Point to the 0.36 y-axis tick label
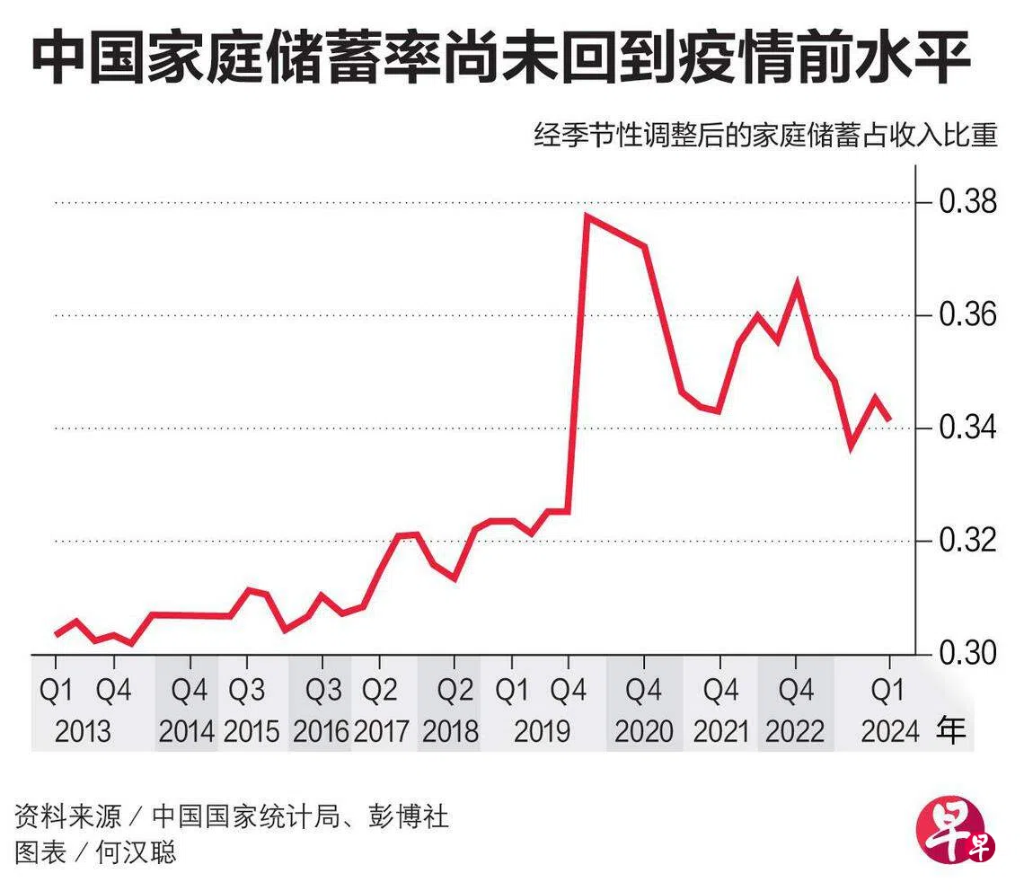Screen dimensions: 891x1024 [968, 315]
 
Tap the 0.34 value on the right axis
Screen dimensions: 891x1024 [968, 428]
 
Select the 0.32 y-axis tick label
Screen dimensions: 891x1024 [968, 541]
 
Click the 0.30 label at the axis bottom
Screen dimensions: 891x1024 [968, 653]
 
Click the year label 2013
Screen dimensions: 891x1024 [83, 731]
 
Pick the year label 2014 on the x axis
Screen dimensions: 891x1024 [187, 731]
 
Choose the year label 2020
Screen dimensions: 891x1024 [644, 731]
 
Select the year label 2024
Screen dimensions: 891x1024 [890, 731]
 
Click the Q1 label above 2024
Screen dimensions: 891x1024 [890, 690]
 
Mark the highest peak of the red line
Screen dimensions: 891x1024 [587, 216]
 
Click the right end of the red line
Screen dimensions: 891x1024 [889, 419]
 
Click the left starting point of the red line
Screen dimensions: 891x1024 [57, 634]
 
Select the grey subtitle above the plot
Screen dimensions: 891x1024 [764, 137]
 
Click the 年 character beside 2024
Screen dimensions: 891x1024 [953, 729]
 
